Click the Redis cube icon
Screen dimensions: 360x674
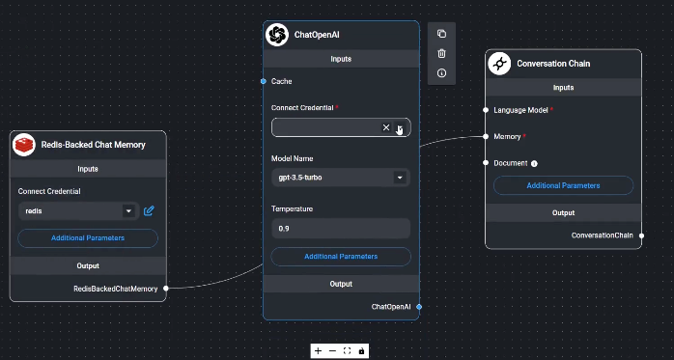pos(24,145)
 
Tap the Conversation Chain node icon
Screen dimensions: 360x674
pos(499,64)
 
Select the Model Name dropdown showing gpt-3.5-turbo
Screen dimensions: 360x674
pos(341,178)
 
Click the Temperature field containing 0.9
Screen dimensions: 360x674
pos(341,228)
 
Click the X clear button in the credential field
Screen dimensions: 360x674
pos(386,127)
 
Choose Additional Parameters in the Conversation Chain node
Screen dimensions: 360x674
pos(563,185)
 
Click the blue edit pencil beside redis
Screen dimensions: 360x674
pos(149,210)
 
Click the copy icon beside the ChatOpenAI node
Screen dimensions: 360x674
pos(441,34)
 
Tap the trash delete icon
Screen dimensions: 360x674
pos(441,53)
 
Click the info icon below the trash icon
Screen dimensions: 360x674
pos(441,72)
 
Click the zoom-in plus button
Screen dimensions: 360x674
pos(319,350)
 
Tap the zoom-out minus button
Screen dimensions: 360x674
pos(332,350)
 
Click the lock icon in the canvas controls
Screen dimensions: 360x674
pos(361,350)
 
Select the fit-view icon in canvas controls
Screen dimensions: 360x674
pos(347,350)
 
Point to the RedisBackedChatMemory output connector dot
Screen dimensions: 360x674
pos(166,288)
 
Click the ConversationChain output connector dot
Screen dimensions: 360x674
pos(641,235)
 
